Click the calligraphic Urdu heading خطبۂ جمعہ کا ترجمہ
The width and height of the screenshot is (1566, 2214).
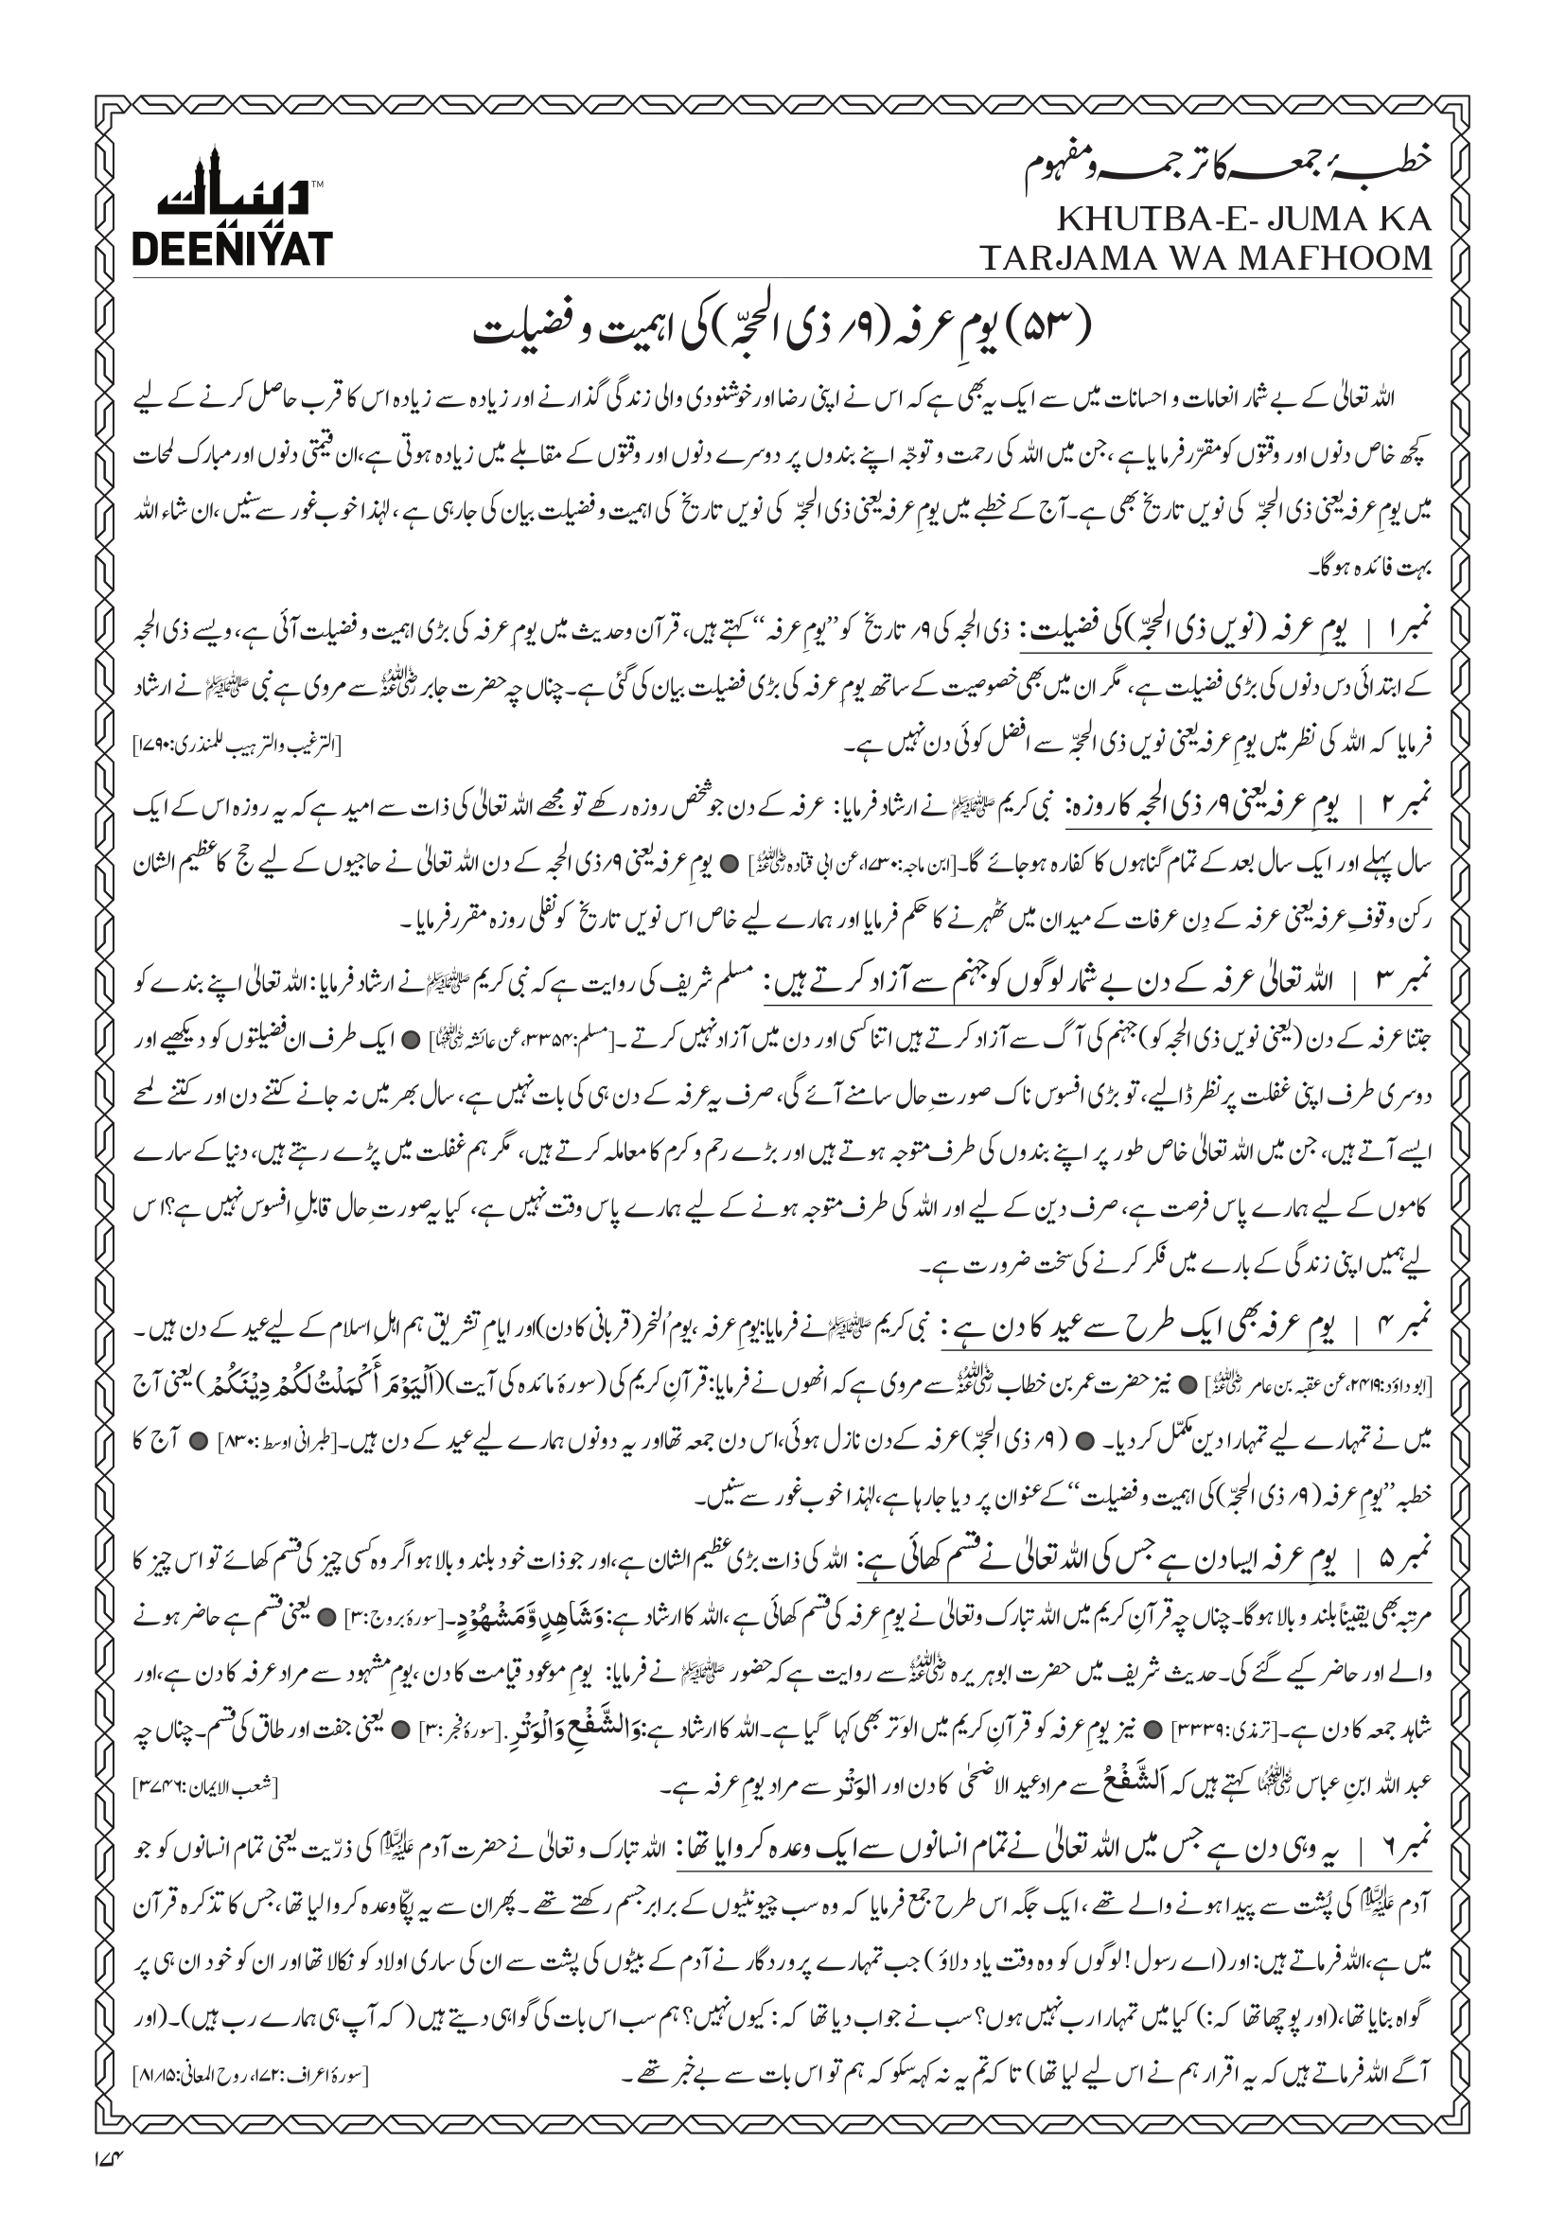(1263, 168)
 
